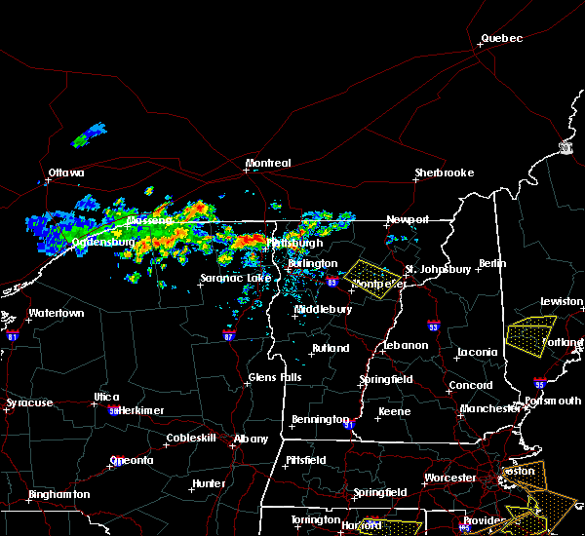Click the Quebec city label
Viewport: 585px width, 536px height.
pyautogui.click(x=501, y=39)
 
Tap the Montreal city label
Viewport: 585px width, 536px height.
pyautogui.click(x=268, y=163)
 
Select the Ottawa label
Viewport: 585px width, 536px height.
pyautogui.click(x=66, y=173)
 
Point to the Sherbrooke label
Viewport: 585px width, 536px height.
pyautogui.click(x=444, y=172)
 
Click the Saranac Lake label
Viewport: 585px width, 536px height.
pyautogui.click(x=235, y=278)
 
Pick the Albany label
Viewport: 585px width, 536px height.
pyautogui.click(x=251, y=439)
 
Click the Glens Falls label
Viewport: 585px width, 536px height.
pyautogui.click(x=275, y=377)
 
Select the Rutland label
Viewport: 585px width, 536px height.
pyautogui.click(x=330, y=348)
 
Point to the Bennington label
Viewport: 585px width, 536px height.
pyautogui.click(x=320, y=420)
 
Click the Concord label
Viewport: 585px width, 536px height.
pyautogui.click(x=470, y=385)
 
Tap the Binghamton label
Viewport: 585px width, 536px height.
pyautogui.click(x=58, y=494)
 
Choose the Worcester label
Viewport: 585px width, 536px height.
pyautogui.click(x=449, y=478)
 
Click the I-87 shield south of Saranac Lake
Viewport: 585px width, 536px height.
pyautogui.click(x=228, y=335)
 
